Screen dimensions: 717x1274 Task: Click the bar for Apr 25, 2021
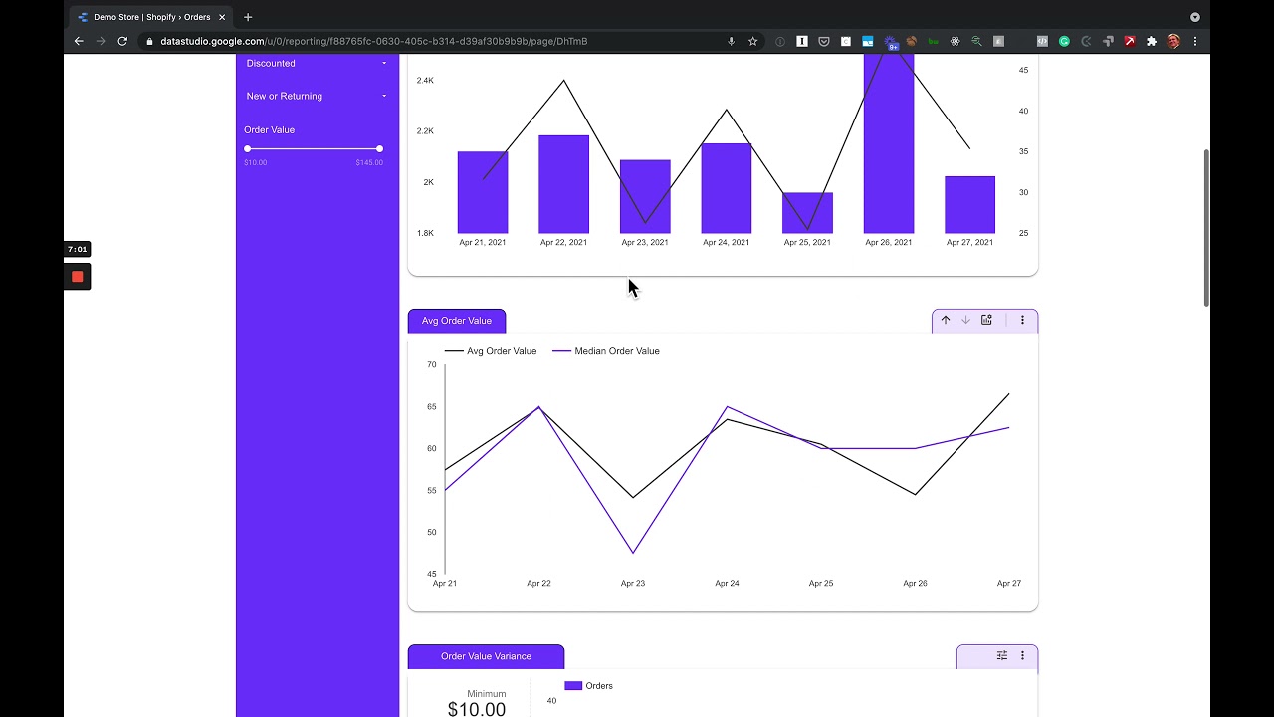[807, 213]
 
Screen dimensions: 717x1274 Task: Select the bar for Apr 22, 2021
[563, 184]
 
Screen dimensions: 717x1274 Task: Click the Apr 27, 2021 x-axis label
[969, 242]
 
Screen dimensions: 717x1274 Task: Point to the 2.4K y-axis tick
[425, 80]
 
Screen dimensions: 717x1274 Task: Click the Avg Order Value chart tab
[457, 321]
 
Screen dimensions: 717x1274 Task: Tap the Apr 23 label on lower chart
[633, 583]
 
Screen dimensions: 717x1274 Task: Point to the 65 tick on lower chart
[432, 406]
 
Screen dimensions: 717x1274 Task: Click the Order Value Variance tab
[486, 656]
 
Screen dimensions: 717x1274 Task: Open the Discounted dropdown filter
[316, 63]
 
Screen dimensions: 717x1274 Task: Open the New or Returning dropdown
[316, 96]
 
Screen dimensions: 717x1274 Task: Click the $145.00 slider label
[369, 162]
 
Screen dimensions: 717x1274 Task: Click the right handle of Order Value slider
[379, 148]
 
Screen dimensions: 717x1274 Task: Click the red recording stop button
[77, 277]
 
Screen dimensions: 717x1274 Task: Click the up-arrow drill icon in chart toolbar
[946, 320]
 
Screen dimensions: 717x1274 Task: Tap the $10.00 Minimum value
[477, 709]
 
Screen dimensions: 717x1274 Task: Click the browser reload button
[122, 41]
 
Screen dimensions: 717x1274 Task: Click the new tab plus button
[248, 17]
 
